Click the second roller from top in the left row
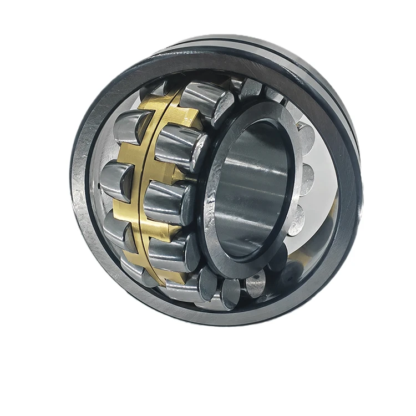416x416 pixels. [x=116, y=180]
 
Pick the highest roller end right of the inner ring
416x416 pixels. [x=306, y=139]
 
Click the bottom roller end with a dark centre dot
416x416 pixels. [x=256, y=283]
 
